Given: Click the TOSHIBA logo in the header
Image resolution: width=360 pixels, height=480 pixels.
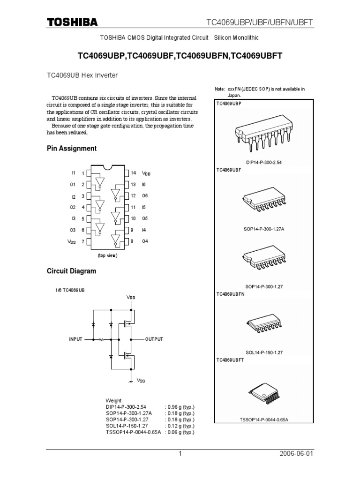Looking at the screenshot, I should [x=72, y=22].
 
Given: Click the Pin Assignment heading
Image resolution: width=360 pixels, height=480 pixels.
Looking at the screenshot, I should [x=72, y=149].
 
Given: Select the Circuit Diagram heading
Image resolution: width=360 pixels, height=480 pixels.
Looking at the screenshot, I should [x=71, y=271].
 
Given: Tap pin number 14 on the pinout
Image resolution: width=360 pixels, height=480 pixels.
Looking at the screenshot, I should [x=133, y=173].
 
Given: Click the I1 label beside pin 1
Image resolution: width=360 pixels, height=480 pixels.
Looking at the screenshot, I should [x=73, y=173].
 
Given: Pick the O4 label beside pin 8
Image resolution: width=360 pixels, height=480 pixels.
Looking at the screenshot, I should [x=145, y=241].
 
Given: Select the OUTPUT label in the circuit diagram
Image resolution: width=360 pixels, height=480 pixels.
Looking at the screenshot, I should [x=154, y=338].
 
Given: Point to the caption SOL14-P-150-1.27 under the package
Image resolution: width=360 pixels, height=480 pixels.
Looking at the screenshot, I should [x=264, y=352].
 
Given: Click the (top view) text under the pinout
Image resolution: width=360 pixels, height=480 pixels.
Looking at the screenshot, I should [x=107, y=255].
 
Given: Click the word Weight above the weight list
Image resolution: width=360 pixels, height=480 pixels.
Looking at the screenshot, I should [x=113, y=401].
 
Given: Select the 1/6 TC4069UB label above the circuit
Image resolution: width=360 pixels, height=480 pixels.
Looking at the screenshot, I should [x=70, y=290].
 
